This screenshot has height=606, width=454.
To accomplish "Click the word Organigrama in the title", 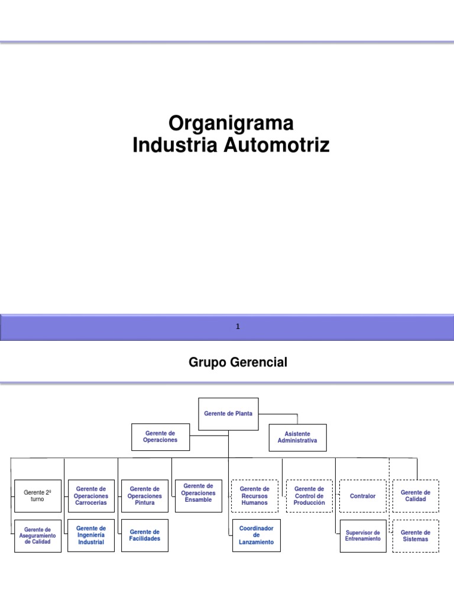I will [x=231, y=124].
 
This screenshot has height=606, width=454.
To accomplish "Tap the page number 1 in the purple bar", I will [x=237, y=327].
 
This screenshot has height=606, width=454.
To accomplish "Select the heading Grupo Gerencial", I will [x=238, y=363].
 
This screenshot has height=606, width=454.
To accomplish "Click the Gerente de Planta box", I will [x=228, y=414].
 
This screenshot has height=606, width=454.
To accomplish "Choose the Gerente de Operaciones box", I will [x=160, y=437].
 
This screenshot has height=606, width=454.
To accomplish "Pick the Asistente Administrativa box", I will [x=297, y=437].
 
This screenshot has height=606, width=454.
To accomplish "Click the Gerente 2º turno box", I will [x=38, y=495].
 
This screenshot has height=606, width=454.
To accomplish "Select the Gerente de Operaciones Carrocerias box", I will [x=91, y=496].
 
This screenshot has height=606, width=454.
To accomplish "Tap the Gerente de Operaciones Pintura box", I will [x=144, y=496].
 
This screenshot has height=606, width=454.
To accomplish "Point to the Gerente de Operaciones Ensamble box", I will [x=199, y=492].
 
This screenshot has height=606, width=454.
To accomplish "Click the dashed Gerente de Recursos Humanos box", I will [x=254, y=496].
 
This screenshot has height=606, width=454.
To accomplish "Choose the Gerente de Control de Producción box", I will [x=309, y=496].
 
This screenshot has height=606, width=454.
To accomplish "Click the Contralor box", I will [x=363, y=496].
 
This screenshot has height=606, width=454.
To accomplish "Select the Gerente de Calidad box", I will [x=416, y=496].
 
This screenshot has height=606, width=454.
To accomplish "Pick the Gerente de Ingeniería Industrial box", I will [x=91, y=535].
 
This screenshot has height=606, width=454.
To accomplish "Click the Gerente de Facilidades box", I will [x=145, y=535].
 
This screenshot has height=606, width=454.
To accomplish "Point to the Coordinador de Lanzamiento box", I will [x=256, y=535].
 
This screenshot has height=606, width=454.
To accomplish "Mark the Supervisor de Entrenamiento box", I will [x=363, y=536].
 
